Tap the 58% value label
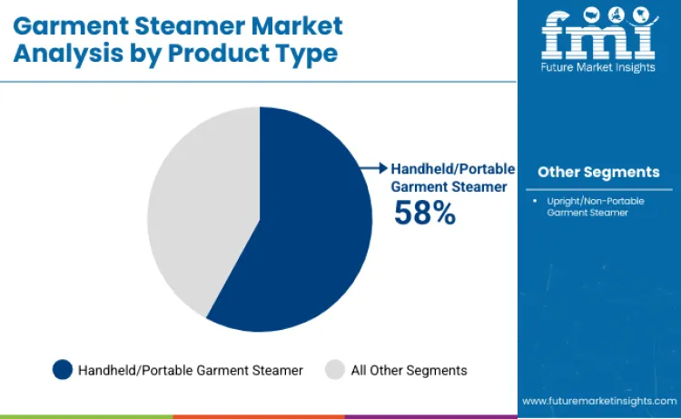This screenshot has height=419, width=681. pyautogui.click(x=424, y=213)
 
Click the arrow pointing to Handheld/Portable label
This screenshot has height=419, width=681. pyautogui.click(x=373, y=168)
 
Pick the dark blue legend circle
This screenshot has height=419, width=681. pyautogui.click(x=63, y=370)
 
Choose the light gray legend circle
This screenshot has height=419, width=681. pyautogui.click(x=335, y=370)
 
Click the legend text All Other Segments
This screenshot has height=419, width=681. pyautogui.click(x=409, y=370)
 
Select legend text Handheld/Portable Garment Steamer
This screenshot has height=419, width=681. pyautogui.click(x=191, y=370)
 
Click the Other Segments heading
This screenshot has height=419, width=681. pyautogui.click(x=598, y=172)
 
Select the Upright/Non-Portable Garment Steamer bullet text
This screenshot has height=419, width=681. pyautogui.click(x=590, y=205)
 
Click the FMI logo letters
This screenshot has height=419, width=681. pyautogui.click(x=598, y=34)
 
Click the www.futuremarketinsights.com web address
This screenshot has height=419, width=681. pyautogui.click(x=599, y=401)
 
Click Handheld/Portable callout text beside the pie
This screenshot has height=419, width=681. pyautogui.click(x=452, y=169)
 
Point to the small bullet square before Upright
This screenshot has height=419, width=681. pyautogui.click(x=538, y=199)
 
